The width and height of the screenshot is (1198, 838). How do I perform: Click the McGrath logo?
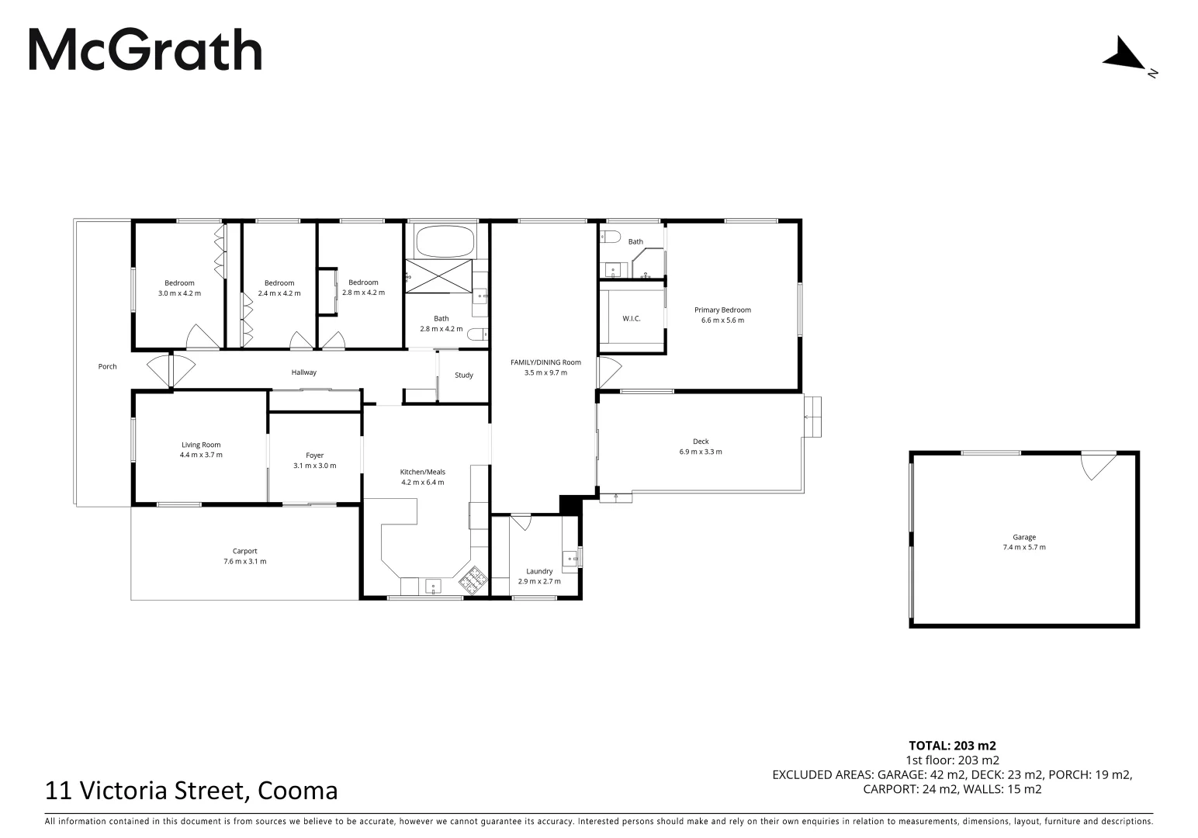145,50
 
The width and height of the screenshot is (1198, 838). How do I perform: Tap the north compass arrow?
1124,54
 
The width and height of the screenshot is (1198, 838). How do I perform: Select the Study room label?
463,376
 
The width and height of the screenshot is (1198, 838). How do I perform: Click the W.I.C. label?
631,319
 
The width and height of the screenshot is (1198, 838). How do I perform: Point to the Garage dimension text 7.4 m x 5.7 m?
1023,548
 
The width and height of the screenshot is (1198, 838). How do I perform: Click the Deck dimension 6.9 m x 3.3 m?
701,452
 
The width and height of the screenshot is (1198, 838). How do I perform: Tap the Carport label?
244,552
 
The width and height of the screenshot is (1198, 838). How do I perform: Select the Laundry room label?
538,572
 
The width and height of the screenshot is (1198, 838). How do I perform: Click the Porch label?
107,366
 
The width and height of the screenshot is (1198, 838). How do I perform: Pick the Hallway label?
303,372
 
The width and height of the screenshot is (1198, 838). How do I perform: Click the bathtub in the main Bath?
445,241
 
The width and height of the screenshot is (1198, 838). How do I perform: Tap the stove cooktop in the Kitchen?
472,578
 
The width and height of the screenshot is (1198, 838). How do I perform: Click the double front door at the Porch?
170,370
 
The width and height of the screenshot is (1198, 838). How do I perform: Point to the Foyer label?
314,455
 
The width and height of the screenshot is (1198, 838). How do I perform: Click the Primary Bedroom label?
722,310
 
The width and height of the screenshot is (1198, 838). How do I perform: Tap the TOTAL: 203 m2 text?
952,746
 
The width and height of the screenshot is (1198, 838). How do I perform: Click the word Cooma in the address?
298,791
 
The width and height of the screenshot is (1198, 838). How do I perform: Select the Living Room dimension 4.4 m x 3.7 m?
200,455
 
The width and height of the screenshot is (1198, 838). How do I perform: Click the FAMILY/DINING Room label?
545,362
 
